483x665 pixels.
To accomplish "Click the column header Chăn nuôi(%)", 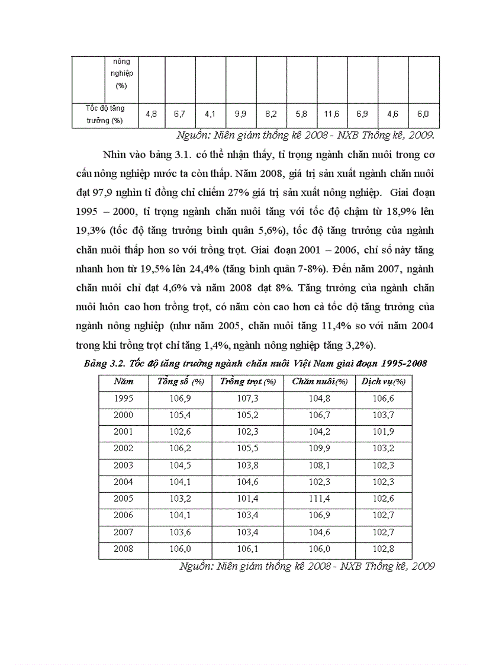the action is point(320,382).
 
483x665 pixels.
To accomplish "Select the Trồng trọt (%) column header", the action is point(248,382).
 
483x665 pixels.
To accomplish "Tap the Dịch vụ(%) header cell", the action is point(384,382).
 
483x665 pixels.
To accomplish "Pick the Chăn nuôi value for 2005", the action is point(320,499).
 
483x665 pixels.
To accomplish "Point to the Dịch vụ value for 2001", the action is point(384,432).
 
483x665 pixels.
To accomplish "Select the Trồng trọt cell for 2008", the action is point(248,549).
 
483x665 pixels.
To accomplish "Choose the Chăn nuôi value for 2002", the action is point(320,449).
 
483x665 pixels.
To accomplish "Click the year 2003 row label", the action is point(124,465).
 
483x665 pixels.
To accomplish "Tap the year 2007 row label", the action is point(124,532).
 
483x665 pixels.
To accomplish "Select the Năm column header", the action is point(124,382).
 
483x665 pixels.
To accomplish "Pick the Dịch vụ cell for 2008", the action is point(384,549).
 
